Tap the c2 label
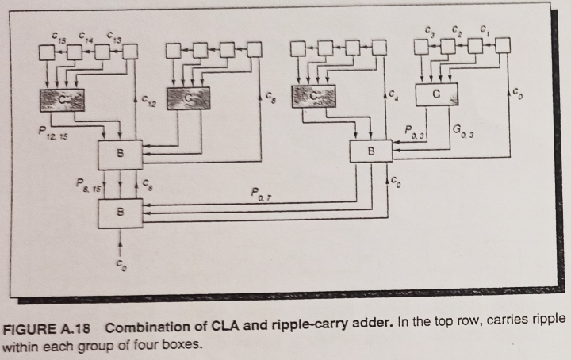coord(456,31)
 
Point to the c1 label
coord(483,32)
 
